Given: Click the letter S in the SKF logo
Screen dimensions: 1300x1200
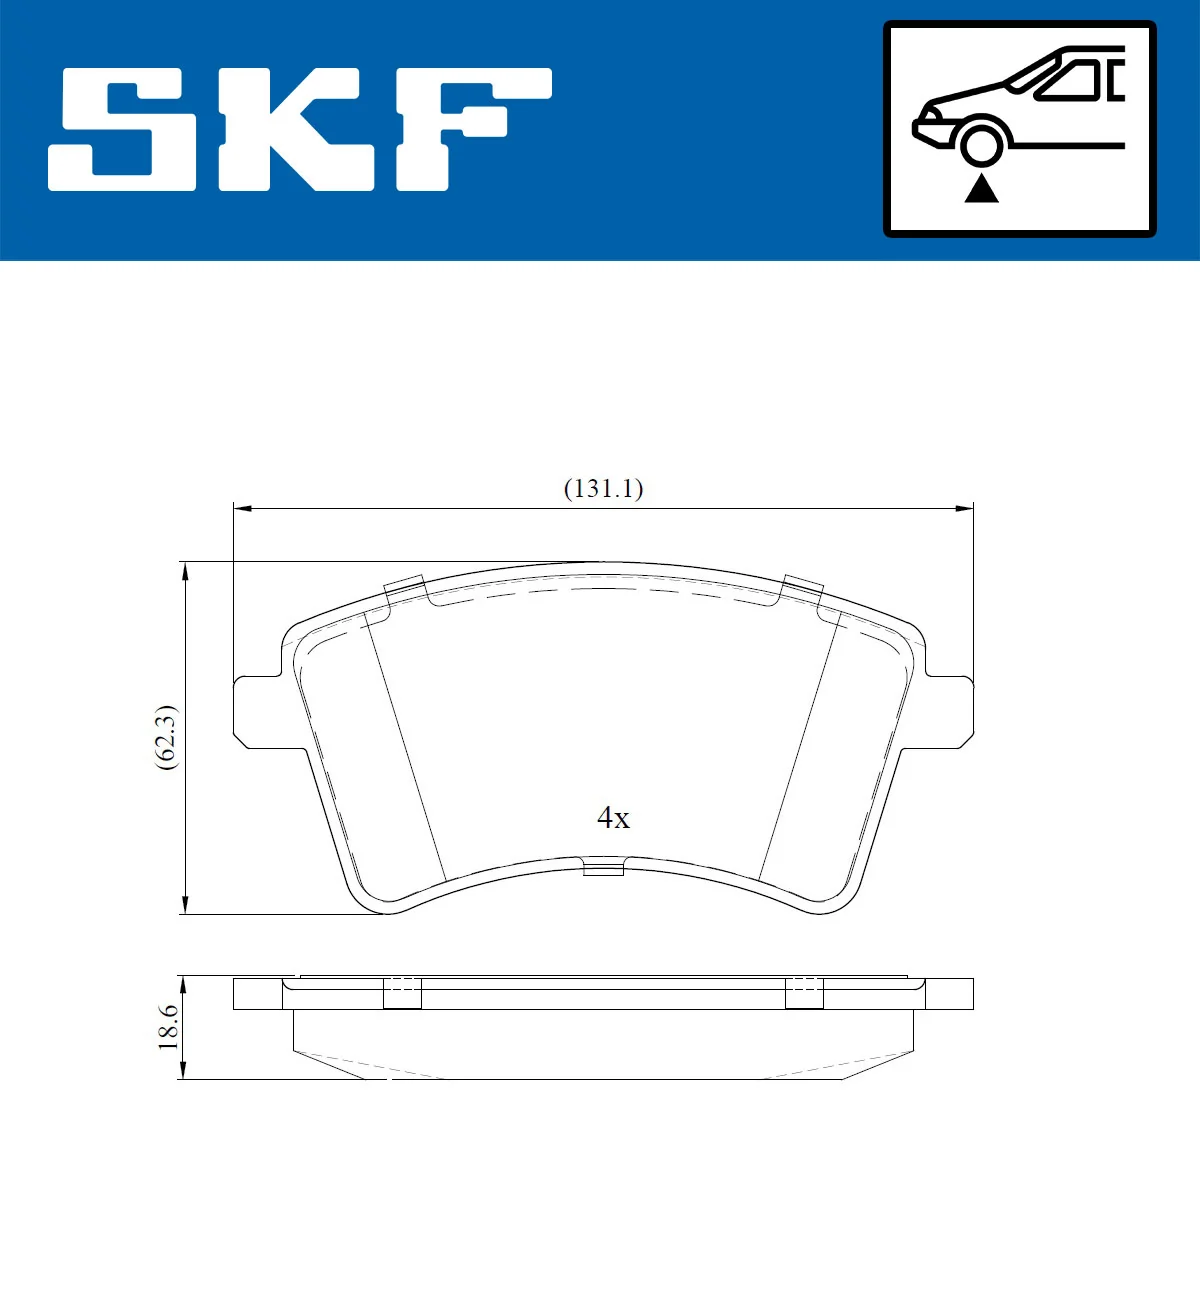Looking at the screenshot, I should (x=122, y=129).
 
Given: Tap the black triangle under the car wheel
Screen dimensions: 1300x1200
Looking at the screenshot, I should (x=981, y=188).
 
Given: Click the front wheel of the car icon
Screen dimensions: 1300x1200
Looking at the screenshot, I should (x=981, y=142).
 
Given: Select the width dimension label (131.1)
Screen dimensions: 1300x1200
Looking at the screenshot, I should (x=603, y=488).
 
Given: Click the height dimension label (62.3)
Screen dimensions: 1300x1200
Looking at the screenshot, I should (x=165, y=737).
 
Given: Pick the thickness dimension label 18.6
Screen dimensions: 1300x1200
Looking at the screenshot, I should (x=167, y=1027).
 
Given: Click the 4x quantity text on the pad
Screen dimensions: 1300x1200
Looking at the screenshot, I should (x=613, y=818).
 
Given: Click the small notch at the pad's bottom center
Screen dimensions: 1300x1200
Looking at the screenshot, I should (x=603, y=866).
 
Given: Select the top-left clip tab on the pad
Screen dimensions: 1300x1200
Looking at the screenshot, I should (x=406, y=591).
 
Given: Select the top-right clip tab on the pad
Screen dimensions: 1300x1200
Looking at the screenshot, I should (x=801, y=591).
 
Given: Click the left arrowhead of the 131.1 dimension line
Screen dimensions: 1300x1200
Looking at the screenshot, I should (x=241, y=509).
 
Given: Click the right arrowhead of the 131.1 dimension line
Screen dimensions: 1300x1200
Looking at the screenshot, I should (x=965, y=509).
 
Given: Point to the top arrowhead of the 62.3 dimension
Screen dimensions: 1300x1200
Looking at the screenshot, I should (x=184, y=571).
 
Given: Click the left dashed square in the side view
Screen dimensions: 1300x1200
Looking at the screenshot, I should (x=402, y=992).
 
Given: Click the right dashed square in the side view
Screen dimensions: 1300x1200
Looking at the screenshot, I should (x=803, y=992).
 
